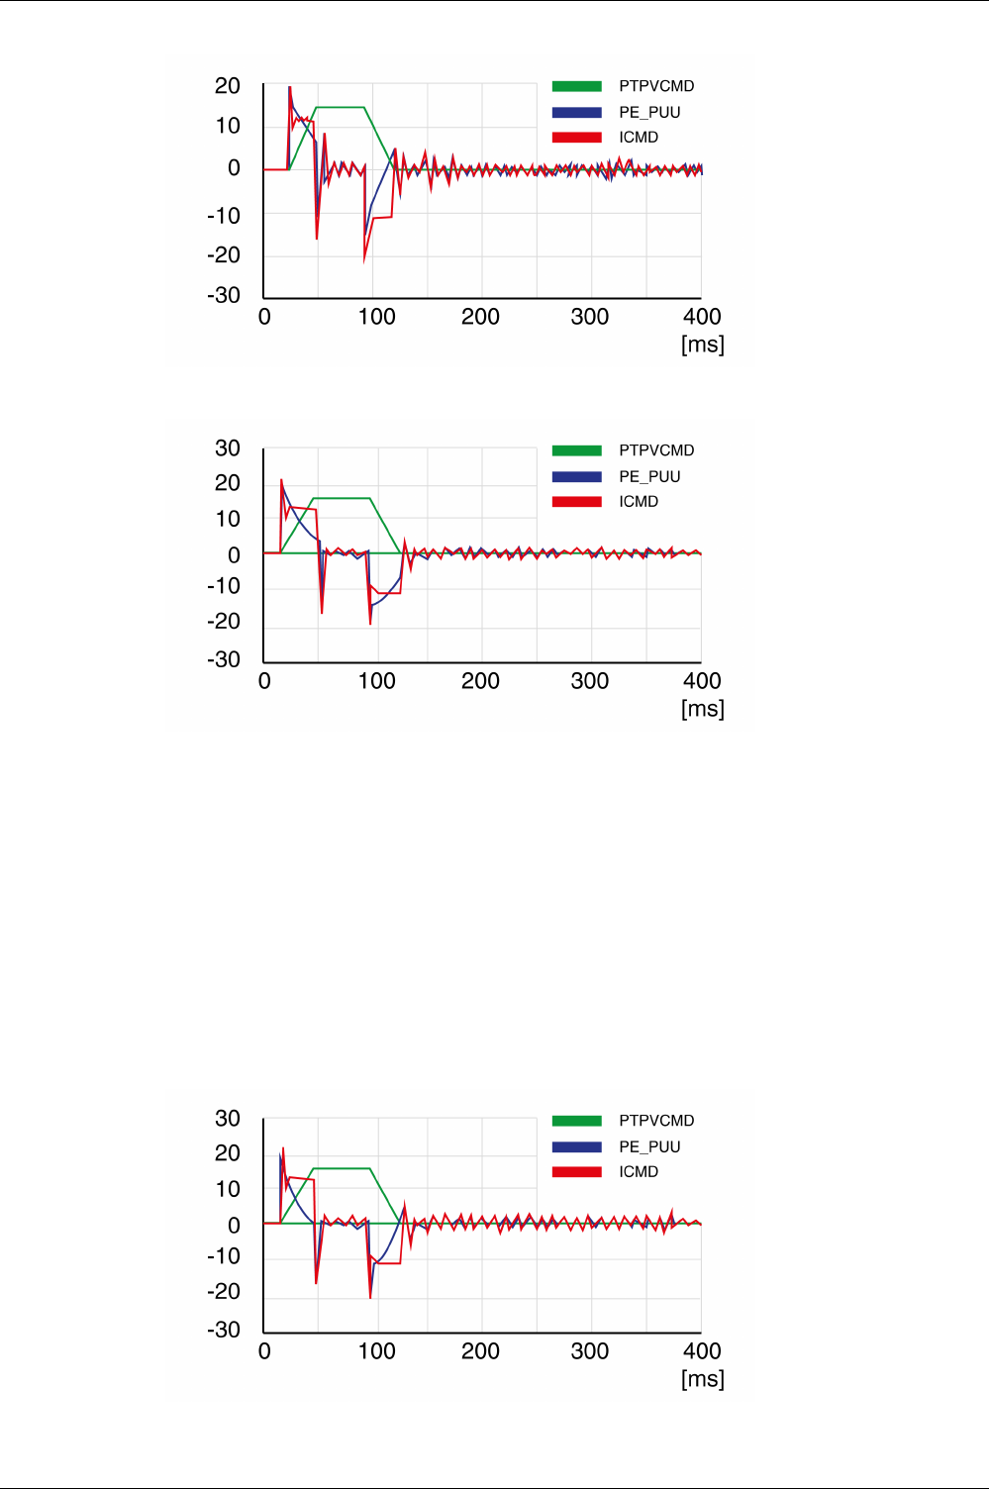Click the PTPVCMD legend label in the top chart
click(x=656, y=86)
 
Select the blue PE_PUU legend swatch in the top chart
click(x=577, y=112)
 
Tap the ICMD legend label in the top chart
click(x=639, y=138)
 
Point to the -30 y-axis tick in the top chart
click(x=224, y=295)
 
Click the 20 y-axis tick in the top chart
click(x=228, y=86)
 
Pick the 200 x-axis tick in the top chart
click(x=480, y=317)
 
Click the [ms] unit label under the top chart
click(x=702, y=345)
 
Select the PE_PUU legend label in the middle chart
click(x=649, y=476)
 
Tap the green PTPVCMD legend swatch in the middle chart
click(x=577, y=450)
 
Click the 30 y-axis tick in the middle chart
click(x=228, y=448)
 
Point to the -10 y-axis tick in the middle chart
click(x=224, y=586)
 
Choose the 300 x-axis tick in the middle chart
click(x=590, y=681)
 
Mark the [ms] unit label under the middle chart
click(x=702, y=709)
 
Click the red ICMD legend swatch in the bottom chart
click(x=577, y=1172)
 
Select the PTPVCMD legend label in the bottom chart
click(x=656, y=1121)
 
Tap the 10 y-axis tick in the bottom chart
click(x=228, y=1189)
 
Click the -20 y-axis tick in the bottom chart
click(x=224, y=1291)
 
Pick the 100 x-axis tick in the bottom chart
click(x=377, y=1351)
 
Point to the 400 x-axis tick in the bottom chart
click(x=702, y=1351)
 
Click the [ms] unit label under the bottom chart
click(x=702, y=1379)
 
